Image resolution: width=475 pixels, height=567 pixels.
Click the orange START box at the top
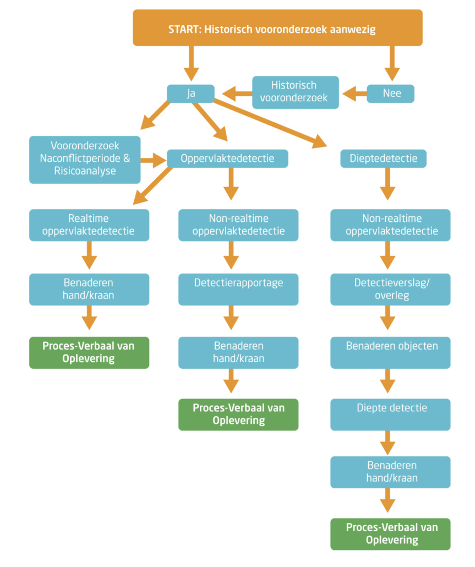pyautogui.click(x=277, y=28)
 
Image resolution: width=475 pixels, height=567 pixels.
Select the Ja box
pyautogui.click(x=190, y=94)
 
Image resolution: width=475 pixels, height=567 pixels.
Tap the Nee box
pyautogui.click(x=390, y=94)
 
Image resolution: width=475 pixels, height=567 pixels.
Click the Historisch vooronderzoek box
pyautogui.click(x=296, y=92)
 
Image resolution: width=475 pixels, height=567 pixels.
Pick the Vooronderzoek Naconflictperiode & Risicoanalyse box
pyautogui.click(x=85, y=160)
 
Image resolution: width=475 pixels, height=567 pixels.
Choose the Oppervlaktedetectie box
pyautogui.click(x=227, y=159)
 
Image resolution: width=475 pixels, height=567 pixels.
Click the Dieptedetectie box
pyautogui.click(x=383, y=159)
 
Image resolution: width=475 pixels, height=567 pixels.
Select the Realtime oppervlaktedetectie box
pyautogui.click(x=89, y=225)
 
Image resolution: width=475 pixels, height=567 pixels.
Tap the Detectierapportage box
pyautogui.click(x=238, y=290)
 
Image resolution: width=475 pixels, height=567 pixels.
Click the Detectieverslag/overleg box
pyautogui.click(x=390, y=290)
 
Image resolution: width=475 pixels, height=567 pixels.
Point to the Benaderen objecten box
pyautogui.click(x=390, y=352)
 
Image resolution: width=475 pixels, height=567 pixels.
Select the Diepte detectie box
pyautogui.click(x=390, y=415)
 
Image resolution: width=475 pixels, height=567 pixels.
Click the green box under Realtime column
pyautogui.click(x=89, y=352)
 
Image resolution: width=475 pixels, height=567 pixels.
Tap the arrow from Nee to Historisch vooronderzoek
pyautogui.click(x=354, y=94)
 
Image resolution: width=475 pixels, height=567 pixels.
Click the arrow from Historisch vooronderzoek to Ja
pyautogui.click(x=237, y=94)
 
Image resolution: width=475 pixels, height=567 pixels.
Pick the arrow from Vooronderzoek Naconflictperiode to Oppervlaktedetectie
pyautogui.click(x=154, y=160)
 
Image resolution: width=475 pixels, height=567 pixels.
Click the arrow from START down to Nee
pyautogui.click(x=392, y=63)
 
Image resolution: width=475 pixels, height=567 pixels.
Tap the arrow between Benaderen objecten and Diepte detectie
pyautogui.click(x=387, y=381)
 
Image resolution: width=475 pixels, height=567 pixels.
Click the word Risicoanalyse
pyautogui.click(x=85, y=171)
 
